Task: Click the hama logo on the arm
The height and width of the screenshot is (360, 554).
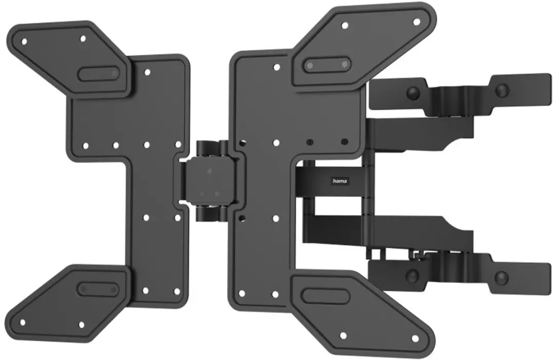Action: [340, 181]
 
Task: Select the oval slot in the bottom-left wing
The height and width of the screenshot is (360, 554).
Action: [98, 290]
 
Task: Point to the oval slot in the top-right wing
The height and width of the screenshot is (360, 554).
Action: [327, 65]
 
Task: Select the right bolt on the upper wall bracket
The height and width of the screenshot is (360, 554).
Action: [502, 90]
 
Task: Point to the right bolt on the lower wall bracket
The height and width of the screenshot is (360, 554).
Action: [501, 277]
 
